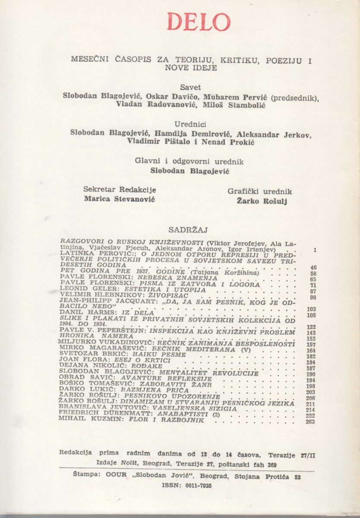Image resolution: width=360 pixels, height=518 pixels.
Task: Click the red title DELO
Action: coord(199,22)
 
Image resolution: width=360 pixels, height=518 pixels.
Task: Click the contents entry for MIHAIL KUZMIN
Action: coord(132,419)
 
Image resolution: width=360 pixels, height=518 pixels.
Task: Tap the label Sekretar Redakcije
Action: coord(120,190)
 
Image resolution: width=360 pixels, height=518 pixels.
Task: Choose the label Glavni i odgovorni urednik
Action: coord(189,161)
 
